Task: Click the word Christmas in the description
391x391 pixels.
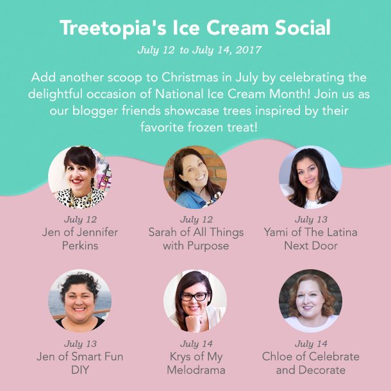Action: (x=190, y=78)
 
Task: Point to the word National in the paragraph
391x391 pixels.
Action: (x=179, y=94)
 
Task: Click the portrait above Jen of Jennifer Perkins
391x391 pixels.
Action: (x=79, y=177)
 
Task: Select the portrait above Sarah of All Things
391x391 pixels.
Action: (x=195, y=177)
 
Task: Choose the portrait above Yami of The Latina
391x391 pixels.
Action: (x=310, y=177)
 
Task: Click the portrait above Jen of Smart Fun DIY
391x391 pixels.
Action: (x=79, y=301)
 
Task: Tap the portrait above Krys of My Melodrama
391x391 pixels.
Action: (x=195, y=301)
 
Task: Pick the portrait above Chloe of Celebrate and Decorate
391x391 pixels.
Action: (x=310, y=301)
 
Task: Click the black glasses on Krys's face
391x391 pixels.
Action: (x=195, y=296)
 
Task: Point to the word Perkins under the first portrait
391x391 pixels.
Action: (x=80, y=245)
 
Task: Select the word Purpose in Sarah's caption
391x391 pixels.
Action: (x=208, y=246)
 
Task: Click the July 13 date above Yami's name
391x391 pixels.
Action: (x=311, y=219)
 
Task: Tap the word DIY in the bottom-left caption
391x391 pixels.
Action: (x=80, y=370)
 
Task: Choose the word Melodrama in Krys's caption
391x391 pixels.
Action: (x=196, y=370)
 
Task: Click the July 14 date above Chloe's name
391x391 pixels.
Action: (x=311, y=344)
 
